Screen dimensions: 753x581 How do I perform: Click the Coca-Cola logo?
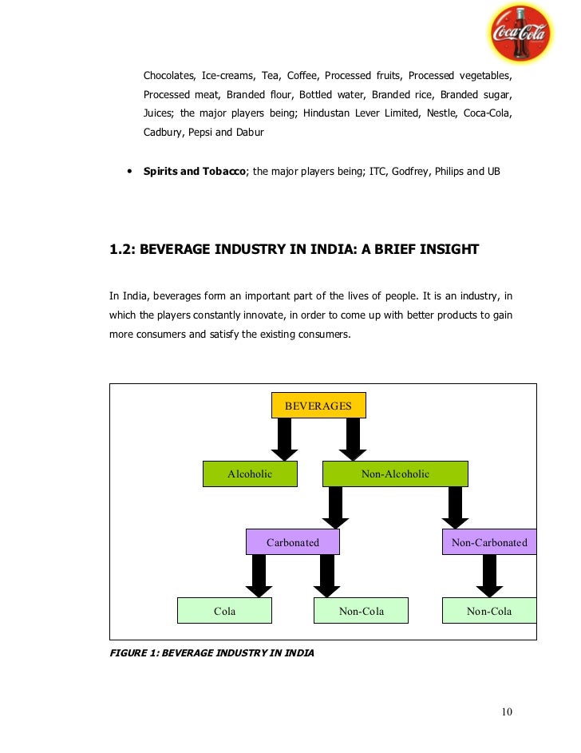coord(520,33)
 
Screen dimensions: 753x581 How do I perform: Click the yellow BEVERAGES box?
coord(318,406)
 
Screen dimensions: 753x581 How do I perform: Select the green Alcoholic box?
coord(250,474)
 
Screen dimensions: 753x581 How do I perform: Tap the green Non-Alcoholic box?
coord(395,474)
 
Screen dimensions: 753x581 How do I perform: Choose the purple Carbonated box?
coord(292,543)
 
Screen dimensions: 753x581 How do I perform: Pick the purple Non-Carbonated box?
coord(488,543)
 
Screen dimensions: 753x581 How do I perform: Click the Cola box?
coord(224,612)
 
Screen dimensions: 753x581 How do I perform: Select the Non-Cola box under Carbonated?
coord(362,612)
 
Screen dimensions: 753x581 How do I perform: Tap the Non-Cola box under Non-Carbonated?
coord(488,612)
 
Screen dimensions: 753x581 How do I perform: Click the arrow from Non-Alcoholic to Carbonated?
coord(335,508)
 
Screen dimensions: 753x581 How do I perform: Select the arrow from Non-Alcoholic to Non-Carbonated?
coord(455,508)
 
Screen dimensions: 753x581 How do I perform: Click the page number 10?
coord(507,712)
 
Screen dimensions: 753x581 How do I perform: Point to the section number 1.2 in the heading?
coord(121,249)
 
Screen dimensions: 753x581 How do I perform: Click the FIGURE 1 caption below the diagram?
coord(211,653)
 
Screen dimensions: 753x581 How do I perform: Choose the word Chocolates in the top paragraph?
coord(168,76)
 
